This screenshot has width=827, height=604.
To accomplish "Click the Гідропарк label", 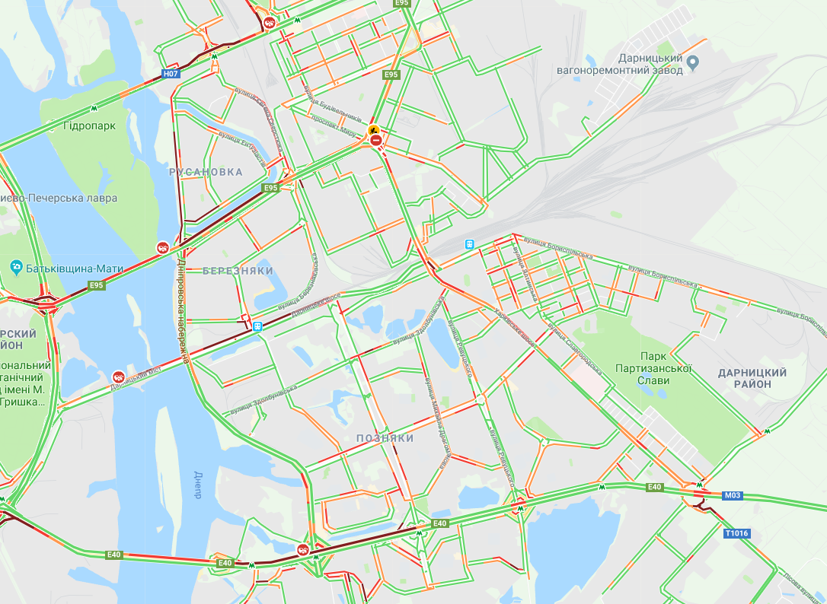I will tap(90, 126).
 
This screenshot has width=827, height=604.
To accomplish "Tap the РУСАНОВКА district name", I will tap(206, 172).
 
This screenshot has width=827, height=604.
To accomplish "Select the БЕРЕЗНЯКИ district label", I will tap(238, 271).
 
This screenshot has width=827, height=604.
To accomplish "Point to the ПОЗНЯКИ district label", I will tap(385, 438).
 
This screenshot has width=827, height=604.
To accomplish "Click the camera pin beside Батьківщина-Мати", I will tap(15, 267).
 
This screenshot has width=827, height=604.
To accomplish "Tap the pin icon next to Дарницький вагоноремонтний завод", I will tap(692, 62).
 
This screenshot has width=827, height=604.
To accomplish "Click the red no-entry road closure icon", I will tap(375, 141).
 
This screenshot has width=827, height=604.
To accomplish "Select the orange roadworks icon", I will tap(374, 130).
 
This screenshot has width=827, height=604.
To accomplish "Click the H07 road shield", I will tap(171, 74).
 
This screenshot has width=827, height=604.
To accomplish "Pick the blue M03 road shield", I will tap(732, 495).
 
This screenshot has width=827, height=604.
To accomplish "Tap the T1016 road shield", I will tap(737, 533).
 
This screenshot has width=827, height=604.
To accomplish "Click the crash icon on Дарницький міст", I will tap(119, 376).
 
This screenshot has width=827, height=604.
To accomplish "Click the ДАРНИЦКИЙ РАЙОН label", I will tap(752, 378).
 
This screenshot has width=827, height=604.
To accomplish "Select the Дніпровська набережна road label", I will tap(183, 312).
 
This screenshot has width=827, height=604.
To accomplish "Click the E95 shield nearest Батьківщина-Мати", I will tap(96, 285).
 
